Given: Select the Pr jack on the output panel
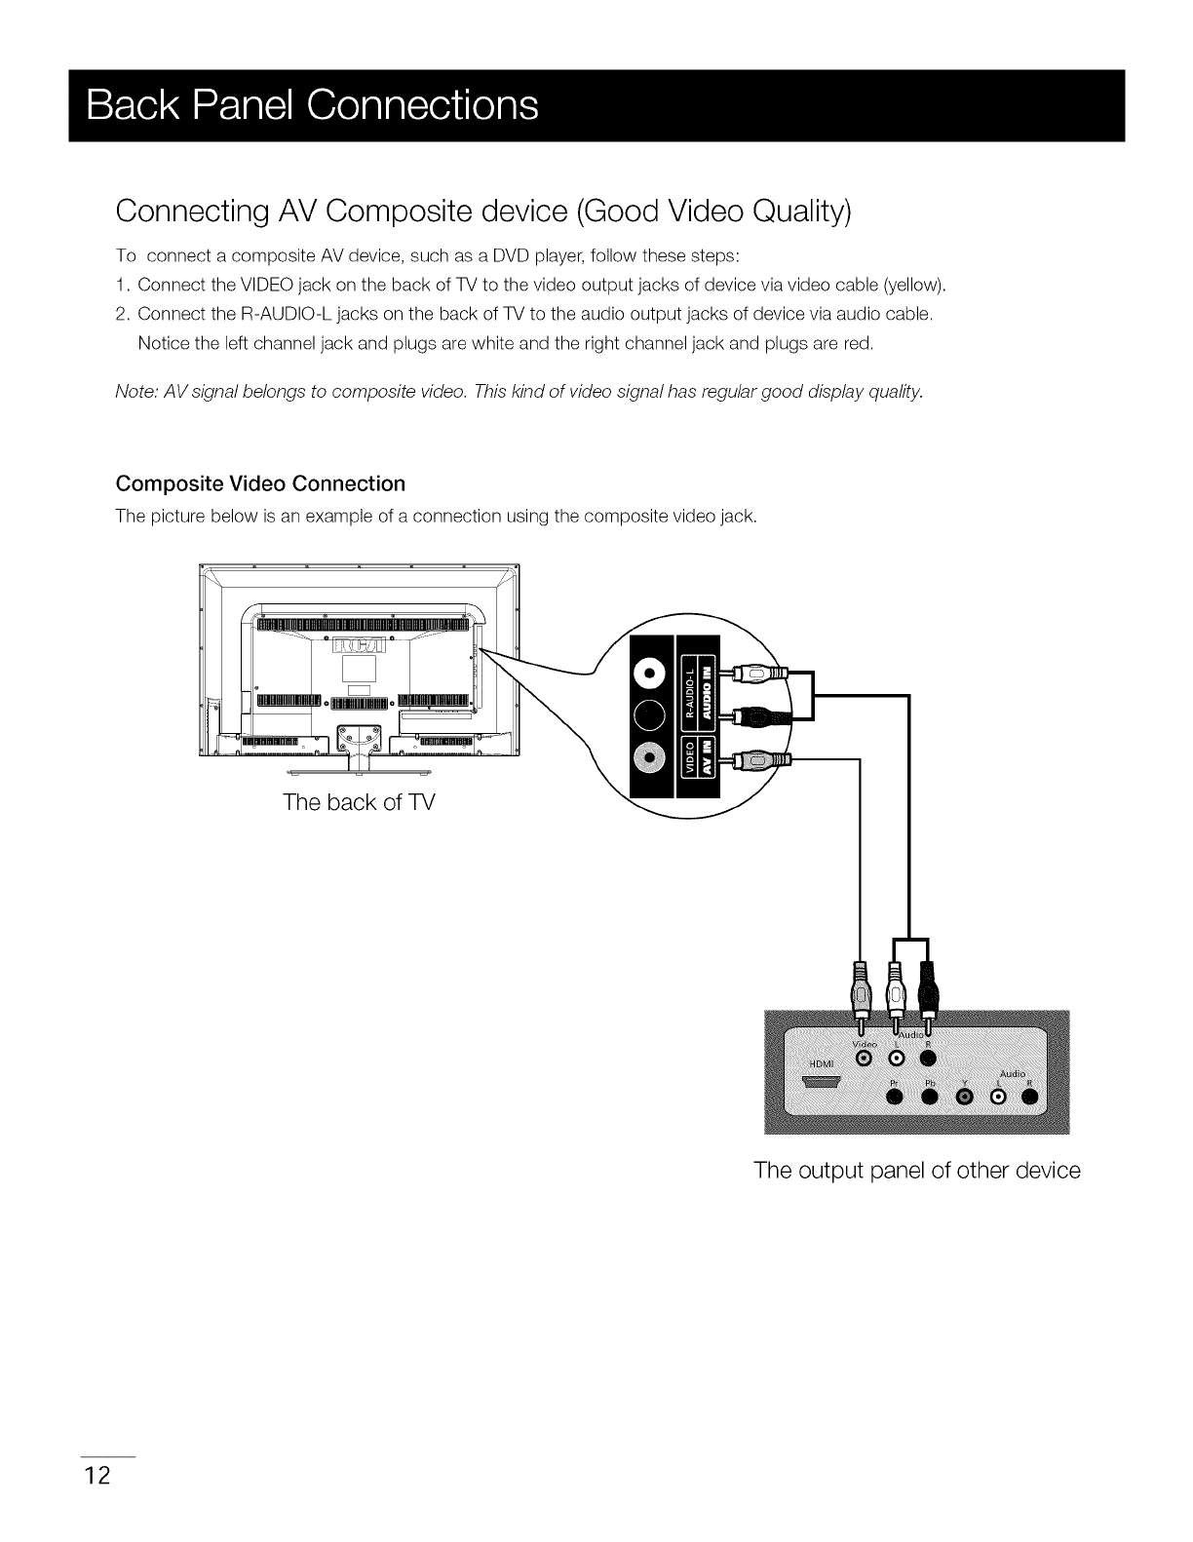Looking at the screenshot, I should click(x=895, y=1099).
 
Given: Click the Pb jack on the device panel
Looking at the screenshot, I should click(x=929, y=1099).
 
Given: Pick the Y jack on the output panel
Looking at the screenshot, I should click(x=965, y=1099).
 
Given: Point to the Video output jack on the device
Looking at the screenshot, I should click(x=862, y=1059).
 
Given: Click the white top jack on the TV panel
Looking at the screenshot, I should click(x=649, y=674).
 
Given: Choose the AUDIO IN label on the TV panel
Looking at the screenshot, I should click(x=709, y=687).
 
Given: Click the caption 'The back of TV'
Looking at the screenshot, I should click(x=358, y=803).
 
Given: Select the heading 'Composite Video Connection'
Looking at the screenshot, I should click(x=260, y=484).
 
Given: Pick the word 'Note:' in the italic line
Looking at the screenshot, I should click(x=137, y=392).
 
